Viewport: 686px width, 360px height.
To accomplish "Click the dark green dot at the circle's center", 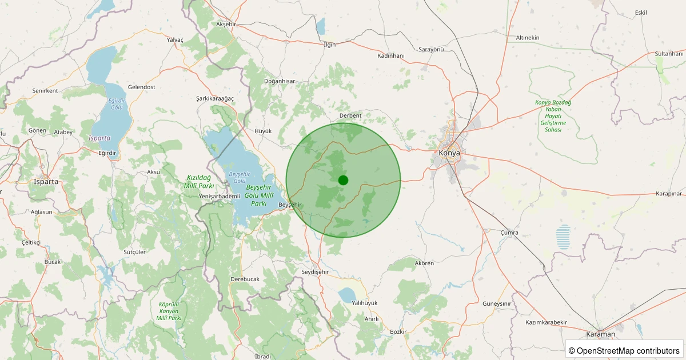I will (x=343, y=180).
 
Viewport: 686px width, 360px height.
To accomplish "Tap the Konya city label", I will (x=449, y=153).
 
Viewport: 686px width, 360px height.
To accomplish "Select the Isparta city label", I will (x=47, y=182).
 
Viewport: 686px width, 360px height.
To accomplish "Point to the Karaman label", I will (x=600, y=334).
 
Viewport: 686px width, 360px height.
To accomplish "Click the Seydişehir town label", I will (x=316, y=271).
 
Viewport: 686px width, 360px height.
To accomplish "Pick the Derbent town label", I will (x=350, y=115).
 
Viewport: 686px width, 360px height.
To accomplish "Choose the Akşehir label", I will (x=226, y=24).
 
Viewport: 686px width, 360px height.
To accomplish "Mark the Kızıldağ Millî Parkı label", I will (x=199, y=182).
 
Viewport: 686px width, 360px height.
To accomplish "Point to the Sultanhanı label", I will (x=669, y=54).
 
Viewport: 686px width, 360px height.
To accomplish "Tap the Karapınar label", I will (x=669, y=194).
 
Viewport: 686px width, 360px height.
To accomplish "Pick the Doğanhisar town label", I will (x=279, y=81).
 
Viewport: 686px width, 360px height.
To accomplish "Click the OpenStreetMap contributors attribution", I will (x=624, y=350).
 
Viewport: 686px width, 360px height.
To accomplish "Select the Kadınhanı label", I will (x=391, y=55).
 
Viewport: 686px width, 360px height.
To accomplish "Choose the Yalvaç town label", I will (x=174, y=39).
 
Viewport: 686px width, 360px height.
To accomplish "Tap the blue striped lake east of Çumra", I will (x=563, y=237).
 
